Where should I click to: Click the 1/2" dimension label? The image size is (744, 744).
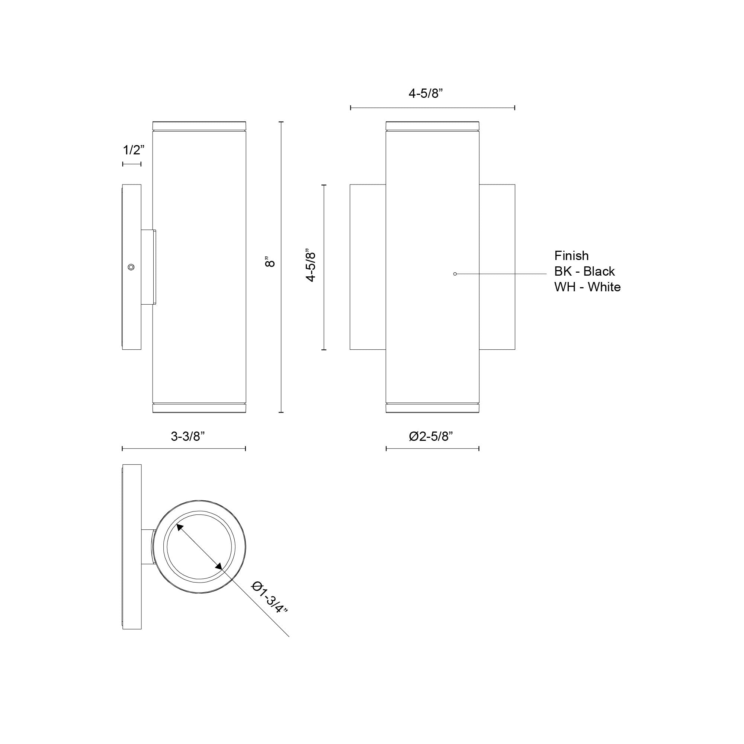(134, 150)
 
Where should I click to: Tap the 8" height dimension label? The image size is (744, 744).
(271, 262)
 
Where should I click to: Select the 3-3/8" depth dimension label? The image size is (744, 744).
(187, 436)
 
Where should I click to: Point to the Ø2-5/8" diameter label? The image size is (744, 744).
(431, 436)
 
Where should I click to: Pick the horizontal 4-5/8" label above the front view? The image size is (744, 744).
(426, 93)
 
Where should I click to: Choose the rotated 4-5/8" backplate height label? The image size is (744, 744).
(311, 265)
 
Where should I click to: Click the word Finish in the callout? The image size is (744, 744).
(571, 256)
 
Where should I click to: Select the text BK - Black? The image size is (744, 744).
(584, 272)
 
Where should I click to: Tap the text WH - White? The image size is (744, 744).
(588, 287)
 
